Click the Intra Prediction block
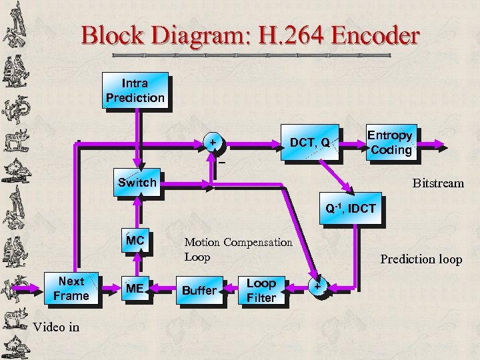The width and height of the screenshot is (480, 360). pos(135,91)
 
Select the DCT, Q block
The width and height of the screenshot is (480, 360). pos(310,143)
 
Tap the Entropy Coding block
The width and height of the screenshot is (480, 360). pos(391,143)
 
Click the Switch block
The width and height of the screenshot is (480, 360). pos(137,183)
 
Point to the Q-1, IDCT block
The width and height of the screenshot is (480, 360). pos(350,209)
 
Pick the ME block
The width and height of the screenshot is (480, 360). pos(135,289)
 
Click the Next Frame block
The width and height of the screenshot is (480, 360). pos(71,289)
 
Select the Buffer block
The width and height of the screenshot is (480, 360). pos(199,290)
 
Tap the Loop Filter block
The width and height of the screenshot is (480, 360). pos(261,290)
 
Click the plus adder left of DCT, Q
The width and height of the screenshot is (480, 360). pos(213,143)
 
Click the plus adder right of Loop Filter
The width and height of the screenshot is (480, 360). pos(317,286)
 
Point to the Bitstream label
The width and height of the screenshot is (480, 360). pos(437,183)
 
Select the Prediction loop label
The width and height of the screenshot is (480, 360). pos(421,259)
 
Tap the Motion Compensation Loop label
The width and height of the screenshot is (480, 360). pos(238,249)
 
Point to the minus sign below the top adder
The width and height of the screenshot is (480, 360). pos(222,162)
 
